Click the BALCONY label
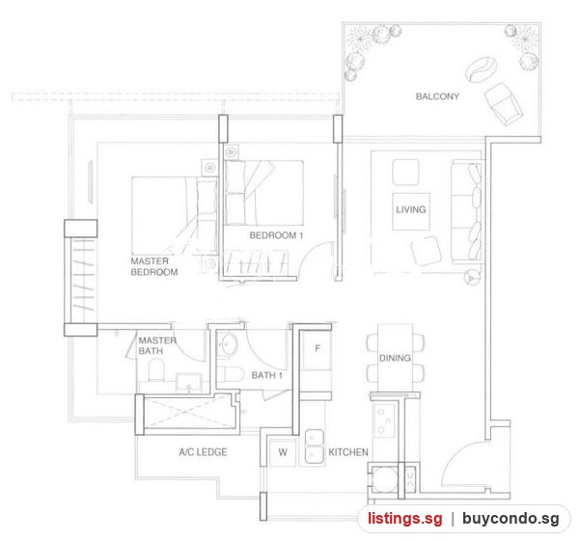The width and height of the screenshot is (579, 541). pyautogui.click(x=437, y=96)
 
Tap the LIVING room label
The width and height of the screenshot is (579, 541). pyautogui.click(x=411, y=209)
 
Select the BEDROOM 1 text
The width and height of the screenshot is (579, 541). pyautogui.click(x=276, y=235)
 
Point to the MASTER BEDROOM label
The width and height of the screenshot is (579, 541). pyautogui.click(x=154, y=266)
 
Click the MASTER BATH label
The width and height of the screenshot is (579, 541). pyautogui.click(x=157, y=345)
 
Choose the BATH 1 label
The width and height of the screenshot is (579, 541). pyautogui.click(x=267, y=375)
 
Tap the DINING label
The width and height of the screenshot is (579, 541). pyautogui.click(x=395, y=358)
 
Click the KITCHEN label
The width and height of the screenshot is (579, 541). pyautogui.click(x=348, y=452)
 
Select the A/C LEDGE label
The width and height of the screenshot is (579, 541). pyautogui.click(x=203, y=452)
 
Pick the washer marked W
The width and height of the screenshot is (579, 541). pyautogui.click(x=283, y=452)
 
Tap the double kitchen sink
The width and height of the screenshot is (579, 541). pyautogui.click(x=315, y=446)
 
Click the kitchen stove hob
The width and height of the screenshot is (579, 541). pyautogui.click(x=385, y=420)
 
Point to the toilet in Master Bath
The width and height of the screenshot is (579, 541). pyautogui.click(x=156, y=370)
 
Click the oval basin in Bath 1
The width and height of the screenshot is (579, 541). pyautogui.click(x=228, y=344)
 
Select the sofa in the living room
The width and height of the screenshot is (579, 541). pyautogui.click(x=466, y=212)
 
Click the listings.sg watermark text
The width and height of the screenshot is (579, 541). pyautogui.click(x=405, y=519)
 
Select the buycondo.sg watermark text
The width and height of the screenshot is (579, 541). pyautogui.click(x=510, y=519)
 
